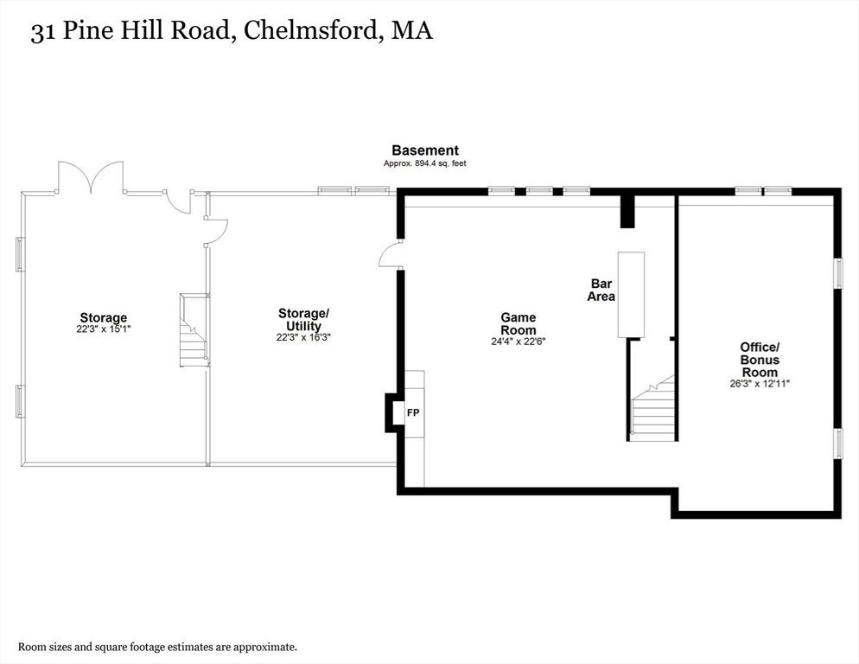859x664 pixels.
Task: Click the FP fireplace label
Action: [x=413, y=412]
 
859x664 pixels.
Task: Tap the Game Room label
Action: [x=518, y=323]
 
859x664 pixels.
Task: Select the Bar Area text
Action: [x=601, y=290]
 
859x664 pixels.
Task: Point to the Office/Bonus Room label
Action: [x=759, y=360]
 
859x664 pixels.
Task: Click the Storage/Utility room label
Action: [x=303, y=319]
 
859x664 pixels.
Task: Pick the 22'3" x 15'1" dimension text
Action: [x=103, y=329]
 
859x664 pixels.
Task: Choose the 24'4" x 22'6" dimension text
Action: [x=518, y=342]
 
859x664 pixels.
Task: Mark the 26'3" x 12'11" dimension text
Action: [x=759, y=384]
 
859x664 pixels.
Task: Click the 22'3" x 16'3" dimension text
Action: [x=303, y=338]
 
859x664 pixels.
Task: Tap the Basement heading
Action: [x=425, y=150]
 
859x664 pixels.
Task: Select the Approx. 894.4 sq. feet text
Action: [x=425, y=163]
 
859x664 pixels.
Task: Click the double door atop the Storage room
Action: [x=91, y=177]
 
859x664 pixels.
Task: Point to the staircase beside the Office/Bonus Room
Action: [x=652, y=408]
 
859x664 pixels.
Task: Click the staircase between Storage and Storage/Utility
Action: [x=194, y=330]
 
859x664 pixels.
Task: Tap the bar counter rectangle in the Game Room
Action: [x=630, y=295]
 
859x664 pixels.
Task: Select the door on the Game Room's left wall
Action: [x=391, y=254]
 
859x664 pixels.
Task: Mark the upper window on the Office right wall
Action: [x=837, y=272]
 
